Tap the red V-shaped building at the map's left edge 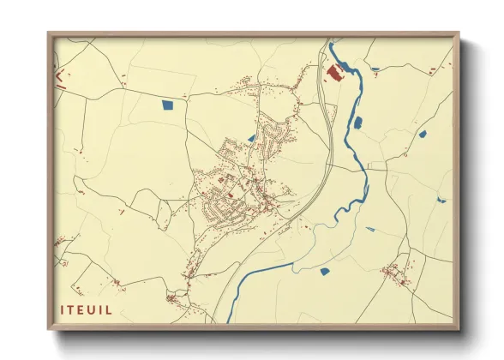pos(59,77)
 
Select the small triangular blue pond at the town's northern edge pos(251,136)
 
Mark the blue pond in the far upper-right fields pos(422,135)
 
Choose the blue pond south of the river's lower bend pos(325,272)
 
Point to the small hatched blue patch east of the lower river pos(370,229)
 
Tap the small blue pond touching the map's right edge pos(441,201)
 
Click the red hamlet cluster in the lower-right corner pos(397,273)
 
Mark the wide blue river pos(360,171)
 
